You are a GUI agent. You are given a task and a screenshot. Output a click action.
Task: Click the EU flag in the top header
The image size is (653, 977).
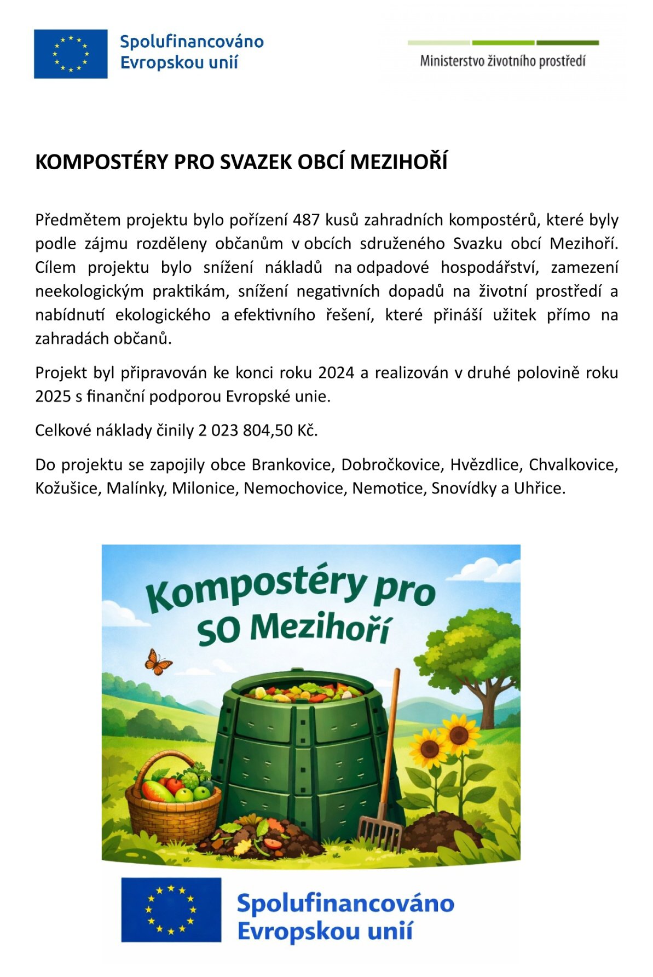tap(71, 54)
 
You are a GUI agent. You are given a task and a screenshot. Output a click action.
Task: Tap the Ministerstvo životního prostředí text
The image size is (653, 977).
tap(502, 61)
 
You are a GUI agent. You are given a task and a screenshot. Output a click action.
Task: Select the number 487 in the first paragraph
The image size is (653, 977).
tap(307, 220)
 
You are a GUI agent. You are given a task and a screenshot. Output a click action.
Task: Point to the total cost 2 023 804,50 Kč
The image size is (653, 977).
tap(258, 430)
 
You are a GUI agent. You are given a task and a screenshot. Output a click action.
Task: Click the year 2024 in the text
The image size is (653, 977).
tap(336, 372)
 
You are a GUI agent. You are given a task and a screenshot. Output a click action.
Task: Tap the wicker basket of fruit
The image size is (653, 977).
tap(172, 802)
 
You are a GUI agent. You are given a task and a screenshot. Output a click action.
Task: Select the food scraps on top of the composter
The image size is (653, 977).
tap(303, 693)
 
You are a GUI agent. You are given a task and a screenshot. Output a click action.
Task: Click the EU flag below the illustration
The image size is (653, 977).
tap(171, 910)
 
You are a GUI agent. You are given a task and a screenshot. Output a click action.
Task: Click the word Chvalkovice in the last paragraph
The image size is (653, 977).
tap(573, 464)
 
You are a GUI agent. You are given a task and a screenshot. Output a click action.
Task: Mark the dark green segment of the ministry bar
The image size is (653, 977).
tap(567, 43)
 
